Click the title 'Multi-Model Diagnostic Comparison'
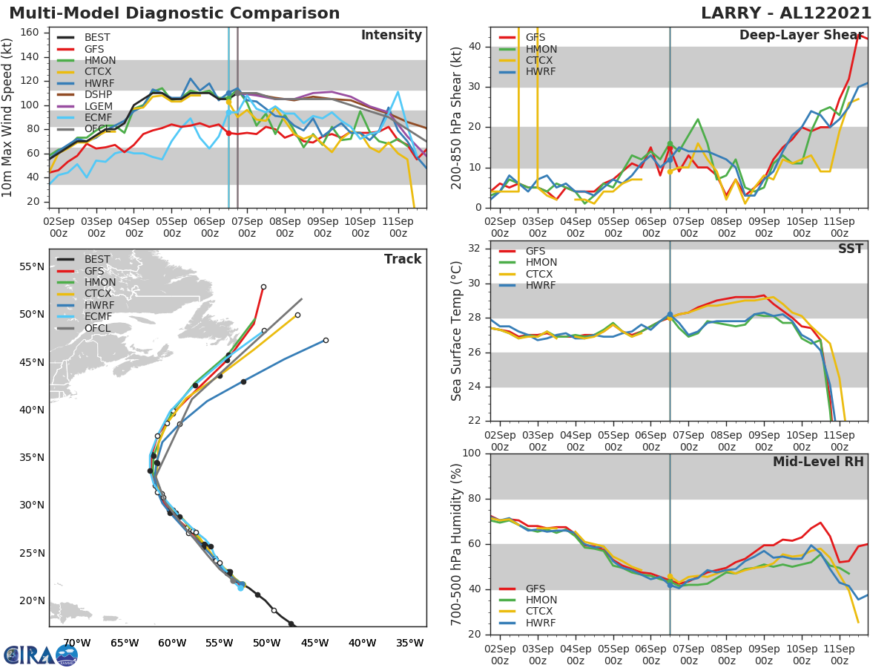click(x=174, y=13)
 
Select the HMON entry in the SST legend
click(x=541, y=263)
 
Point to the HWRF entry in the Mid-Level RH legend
click(x=540, y=623)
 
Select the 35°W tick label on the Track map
click(x=409, y=643)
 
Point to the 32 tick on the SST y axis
click(x=475, y=249)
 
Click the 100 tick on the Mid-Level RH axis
click(x=471, y=453)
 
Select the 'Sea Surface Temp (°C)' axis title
click(x=457, y=331)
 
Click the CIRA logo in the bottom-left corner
click(x=41, y=655)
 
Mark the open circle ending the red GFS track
click(x=263, y=286)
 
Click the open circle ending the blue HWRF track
click(x=326, y=340)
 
